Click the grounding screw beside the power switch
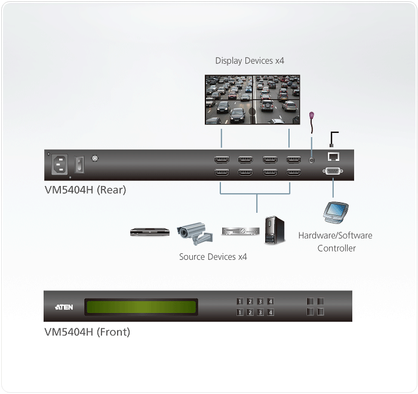[94, 159]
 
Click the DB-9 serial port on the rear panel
[333, 172]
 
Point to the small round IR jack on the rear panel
[311, 160]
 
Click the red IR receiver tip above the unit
[310, 116]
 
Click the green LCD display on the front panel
[142, 307]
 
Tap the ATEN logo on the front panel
[64, 307]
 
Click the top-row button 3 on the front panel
[260, 302]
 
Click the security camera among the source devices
[193, 234]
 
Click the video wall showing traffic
[253, 99]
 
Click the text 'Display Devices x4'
[250, 61]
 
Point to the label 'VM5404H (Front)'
[87, 332]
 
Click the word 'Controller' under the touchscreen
[336, 248]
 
